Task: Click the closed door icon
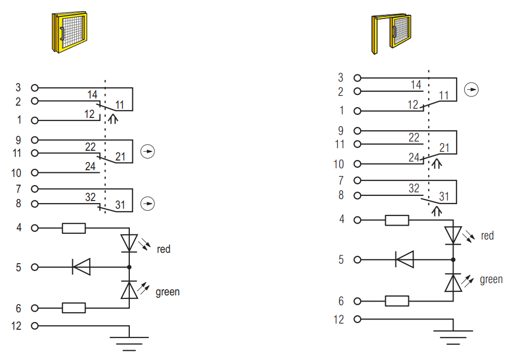click(x=69, y=32)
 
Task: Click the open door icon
click(x=391, y=34)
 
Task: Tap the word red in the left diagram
click(x=164, y=249)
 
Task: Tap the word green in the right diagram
click(x=491, y=279)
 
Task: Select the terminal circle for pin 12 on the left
click(x=35, y=326)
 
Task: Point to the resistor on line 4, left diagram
click(x=74, y=228)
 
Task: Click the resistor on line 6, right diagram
click(x=397, y=301)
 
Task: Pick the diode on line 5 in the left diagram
click(x=81, y=267)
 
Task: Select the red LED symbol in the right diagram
click(x=453, y=235)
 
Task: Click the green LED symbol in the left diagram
click(x=129, y=290)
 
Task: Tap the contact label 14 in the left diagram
click(x=92, y=95)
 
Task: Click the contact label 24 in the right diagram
click(x=413, y=157)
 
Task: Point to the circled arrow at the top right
click(x=471, y=90)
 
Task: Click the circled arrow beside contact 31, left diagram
click(x=148, y=204)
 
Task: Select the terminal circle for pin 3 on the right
click(x=358, y=78)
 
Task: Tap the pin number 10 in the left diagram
click(x=16, y=173)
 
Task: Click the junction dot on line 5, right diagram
click(x=453, y=260)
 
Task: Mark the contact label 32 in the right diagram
click(x=413, y=188)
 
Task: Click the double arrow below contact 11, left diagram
click(x=113, y=118)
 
